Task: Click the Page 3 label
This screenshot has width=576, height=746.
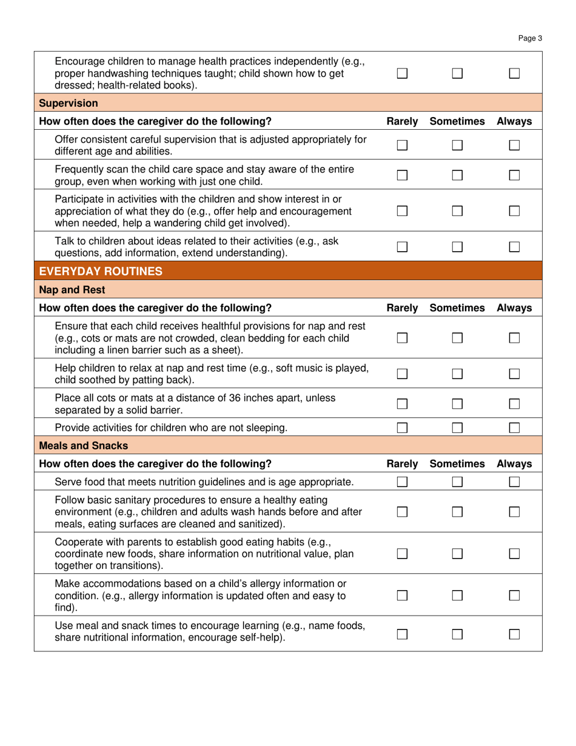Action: point(531,38)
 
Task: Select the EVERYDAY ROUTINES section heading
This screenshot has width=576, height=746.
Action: point(101,271)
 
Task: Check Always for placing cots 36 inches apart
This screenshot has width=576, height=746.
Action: point(514,404)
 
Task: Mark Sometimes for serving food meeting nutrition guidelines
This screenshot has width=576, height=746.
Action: point(457,482)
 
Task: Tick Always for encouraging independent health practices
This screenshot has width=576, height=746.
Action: point(514,73)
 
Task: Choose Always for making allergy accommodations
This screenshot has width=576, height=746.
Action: point(514,596)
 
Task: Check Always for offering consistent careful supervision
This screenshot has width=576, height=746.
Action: point(514,146)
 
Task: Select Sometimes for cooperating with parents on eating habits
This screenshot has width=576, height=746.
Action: point(457,554)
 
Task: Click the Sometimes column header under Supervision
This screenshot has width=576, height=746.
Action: point(457,121)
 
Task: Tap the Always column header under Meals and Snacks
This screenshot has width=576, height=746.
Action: point(514,464)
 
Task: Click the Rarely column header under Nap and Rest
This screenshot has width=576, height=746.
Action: point(402,308)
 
